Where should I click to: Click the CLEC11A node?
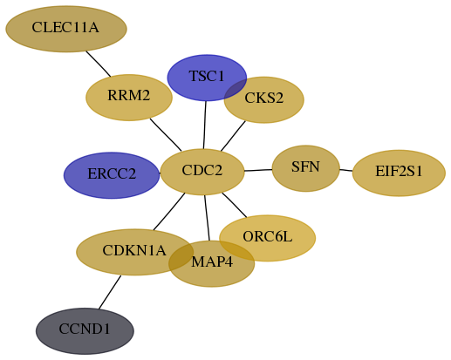point(66,29)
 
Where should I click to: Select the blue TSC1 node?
point(207,78)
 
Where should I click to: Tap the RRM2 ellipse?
point(129,98)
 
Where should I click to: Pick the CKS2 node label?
point(264,98)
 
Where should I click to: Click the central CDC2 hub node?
point(202,172)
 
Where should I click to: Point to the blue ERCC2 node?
point(112,175)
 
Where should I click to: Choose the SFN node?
point(306,168)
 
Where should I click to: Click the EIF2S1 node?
point(399,173)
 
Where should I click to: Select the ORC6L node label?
point(268,237)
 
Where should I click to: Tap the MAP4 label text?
point(212,262)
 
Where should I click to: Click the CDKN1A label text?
point(134,250)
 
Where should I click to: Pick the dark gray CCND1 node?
point(85,331)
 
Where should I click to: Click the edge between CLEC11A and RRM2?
point(99,65)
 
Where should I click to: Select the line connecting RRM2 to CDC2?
point(166,135)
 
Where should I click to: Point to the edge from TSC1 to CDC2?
point(205,125)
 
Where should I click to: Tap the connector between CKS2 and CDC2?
point(233,136)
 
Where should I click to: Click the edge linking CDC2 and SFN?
point(258,170)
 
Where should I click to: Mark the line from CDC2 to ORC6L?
point(235,205)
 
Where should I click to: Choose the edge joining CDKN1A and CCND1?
point(110,292)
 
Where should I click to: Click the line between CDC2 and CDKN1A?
point(169,212)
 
